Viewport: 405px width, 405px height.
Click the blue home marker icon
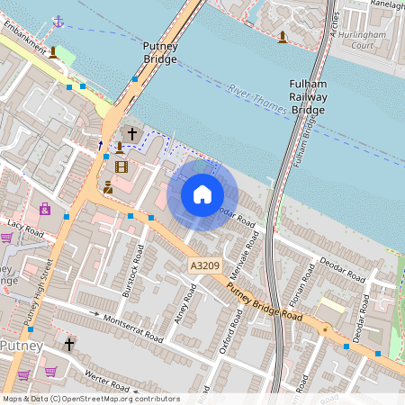(x=202, y=194)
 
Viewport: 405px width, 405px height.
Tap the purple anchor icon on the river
(x=58, y=20)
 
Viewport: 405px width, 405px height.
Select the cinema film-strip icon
(x=121, y=166)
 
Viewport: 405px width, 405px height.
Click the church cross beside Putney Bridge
(x=132, y=134)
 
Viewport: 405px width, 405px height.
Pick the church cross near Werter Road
(x=68, y=344)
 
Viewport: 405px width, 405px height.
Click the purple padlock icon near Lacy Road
(x=44, y=209)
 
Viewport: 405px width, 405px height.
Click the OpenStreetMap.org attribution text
(x=121, y=398)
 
